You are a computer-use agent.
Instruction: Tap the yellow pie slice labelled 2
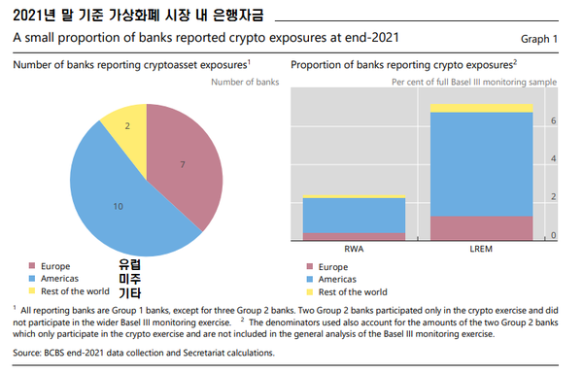click(127, 126)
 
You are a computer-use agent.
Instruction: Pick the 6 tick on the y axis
click(553, 121)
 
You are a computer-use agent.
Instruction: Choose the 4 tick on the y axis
click(553, 158)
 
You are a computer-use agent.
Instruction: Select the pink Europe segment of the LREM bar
click(482, 228)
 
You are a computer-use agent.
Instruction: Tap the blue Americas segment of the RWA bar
click(354, 215)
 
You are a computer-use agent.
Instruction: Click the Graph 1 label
click(541, 40)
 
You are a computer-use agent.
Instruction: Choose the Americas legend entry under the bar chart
click(339, 279)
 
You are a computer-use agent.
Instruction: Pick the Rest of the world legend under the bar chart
click(352, 291)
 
